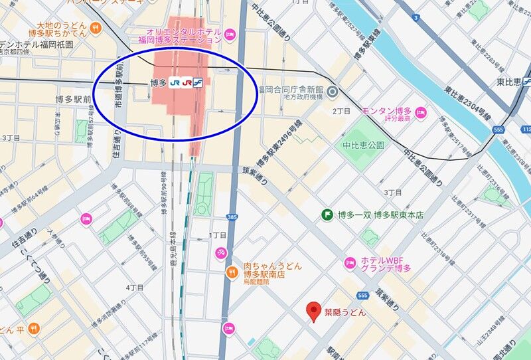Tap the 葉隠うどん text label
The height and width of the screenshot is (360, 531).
pos(344,312)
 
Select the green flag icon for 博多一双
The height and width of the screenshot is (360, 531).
pos(327,215)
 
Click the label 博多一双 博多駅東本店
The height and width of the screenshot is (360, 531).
pos(380,215)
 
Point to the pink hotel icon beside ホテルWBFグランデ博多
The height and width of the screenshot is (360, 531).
pos(350,264)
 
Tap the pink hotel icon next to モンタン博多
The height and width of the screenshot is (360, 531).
pos(420,112)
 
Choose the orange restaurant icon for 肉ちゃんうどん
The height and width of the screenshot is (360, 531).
pos(232,270)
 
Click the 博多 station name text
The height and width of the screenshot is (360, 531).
pos(158,83)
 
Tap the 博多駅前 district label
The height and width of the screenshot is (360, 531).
pos(72,99)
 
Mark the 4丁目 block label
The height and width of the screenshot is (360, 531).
pos(135,288)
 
